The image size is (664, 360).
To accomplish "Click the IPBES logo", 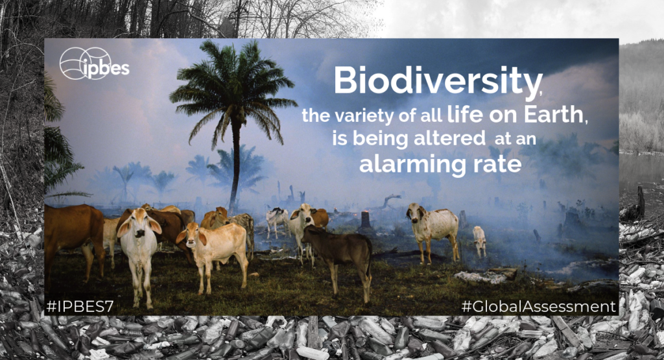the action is pyautogui.click(x=94, y=64).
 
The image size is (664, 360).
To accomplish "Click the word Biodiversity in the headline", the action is pyautogui.click(x=436, y=81).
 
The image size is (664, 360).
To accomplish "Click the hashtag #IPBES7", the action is pyautogui.click(x=80, y=306).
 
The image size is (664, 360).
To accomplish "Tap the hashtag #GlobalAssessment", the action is pyautogui.click(x=539, y=306).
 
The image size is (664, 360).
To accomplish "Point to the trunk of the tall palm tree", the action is pyautogui.click(x=235, y=169).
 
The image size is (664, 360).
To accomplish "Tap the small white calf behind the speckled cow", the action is pyautogui.click(x=479, y=240).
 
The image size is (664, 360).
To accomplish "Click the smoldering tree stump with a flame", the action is pyautogui.click(x=365, y=221).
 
